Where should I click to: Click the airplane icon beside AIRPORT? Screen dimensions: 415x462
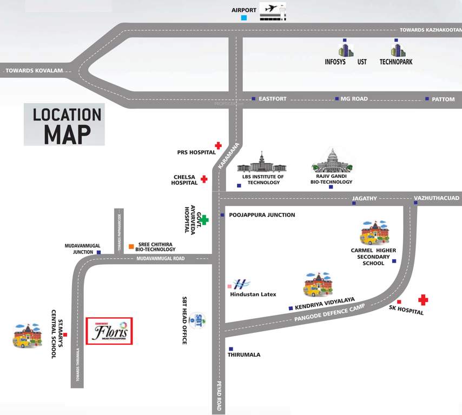[x=273, y=11]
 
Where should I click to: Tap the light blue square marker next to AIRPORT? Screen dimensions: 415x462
[x=244, y=18]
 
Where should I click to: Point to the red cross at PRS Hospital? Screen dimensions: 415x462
[x=218, y=145]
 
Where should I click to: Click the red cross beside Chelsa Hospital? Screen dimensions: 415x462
[x=204, y=179]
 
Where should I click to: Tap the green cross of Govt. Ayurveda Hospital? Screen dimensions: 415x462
[x=204, y=220]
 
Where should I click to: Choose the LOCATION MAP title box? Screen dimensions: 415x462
[x=64, y=124]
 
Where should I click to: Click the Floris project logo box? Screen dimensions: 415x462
[x=109, y=331]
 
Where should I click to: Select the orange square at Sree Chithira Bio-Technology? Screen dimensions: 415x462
[x=131, y=247]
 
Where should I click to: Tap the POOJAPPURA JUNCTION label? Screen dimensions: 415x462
[x=262, y=215]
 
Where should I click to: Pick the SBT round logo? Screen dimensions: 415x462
[x=199, y=319]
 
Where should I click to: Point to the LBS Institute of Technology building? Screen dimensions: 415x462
[x=262, y=164]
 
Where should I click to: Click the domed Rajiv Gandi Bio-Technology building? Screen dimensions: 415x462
[x=331, y=162]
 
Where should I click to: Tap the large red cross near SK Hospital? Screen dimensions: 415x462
[x=423, y=299]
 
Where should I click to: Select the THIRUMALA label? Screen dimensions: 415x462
[x=244, y=355]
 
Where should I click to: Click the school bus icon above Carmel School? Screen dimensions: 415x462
[x=374, y=232]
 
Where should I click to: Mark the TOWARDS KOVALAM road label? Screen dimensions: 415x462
[x=35, y=71]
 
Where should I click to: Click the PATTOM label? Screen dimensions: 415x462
[x=443, y=99]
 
